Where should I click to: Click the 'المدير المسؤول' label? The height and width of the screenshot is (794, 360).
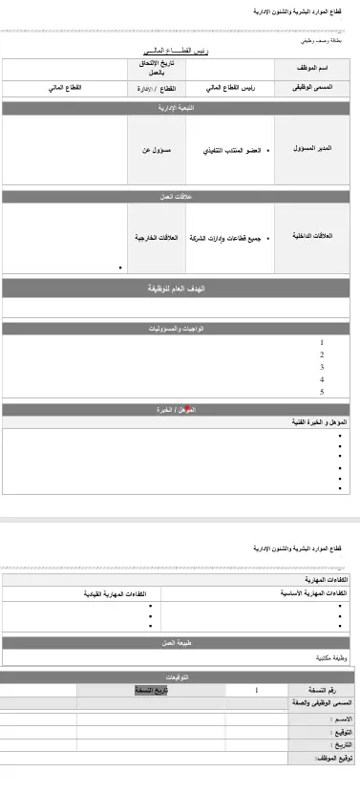click(311, 150)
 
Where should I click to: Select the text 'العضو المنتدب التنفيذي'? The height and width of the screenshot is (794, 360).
click(233, 151)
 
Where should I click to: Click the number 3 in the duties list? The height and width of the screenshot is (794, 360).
click(322, 367)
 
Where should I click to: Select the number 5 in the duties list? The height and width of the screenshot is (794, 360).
click(322, 392)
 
